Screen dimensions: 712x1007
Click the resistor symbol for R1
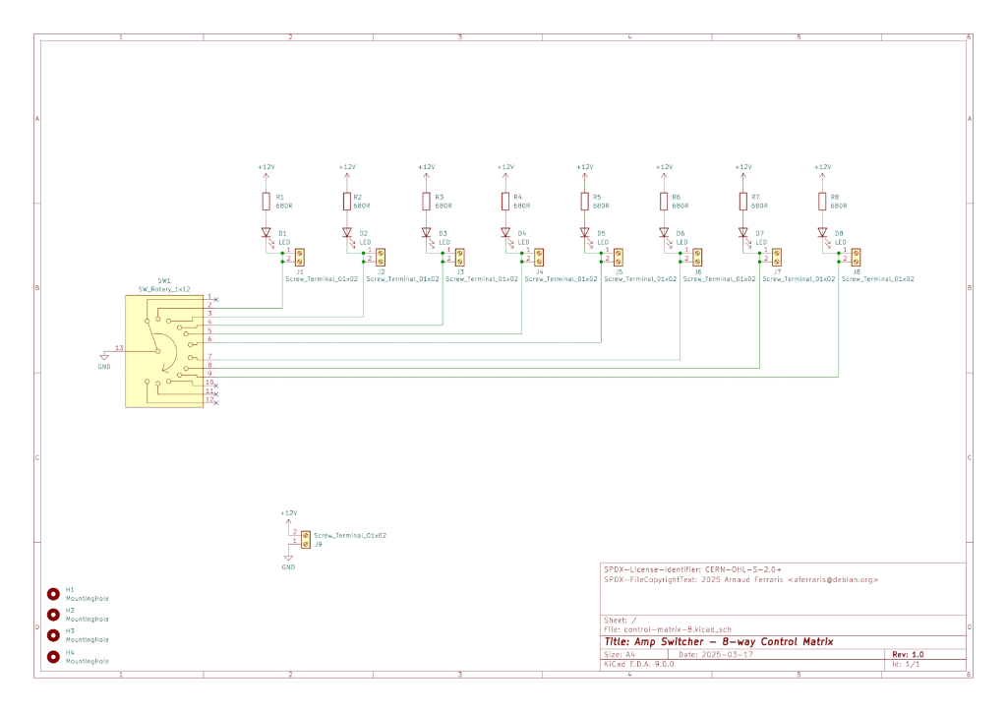point(266,202)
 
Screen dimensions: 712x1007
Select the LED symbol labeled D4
point(504,234)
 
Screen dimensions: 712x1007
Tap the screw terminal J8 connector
point(857,257)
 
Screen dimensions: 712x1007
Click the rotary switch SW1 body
point(164,350)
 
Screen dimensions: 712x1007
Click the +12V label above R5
point(584,167)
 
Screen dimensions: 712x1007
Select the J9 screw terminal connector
point(305,539)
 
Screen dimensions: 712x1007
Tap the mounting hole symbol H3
point(53,635)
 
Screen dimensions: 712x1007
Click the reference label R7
point(755,197)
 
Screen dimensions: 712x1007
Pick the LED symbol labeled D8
point(822,234)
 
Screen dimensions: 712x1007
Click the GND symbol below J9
point(288,561)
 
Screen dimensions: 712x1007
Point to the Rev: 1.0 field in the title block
point(908,654)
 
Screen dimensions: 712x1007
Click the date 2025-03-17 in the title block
point(730,654)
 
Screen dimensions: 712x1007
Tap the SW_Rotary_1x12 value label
point(164,289)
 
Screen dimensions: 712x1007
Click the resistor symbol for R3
point(426,202)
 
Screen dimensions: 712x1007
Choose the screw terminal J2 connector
point(379,257)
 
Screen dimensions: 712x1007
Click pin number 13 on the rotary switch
point(119,348)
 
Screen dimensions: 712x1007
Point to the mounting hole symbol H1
point(53,593)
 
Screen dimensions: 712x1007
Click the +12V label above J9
point(288,513)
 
